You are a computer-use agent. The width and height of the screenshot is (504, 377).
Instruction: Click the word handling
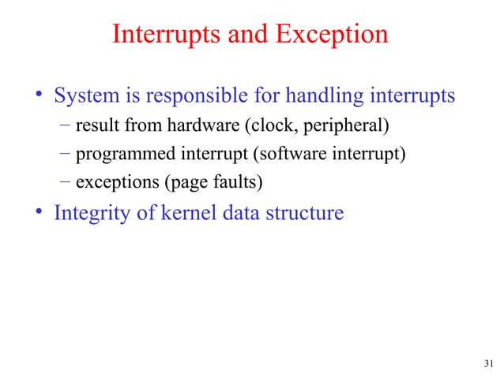click(x=329, y=97)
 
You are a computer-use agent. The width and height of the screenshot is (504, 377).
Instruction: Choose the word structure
click(x=305, y=213)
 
